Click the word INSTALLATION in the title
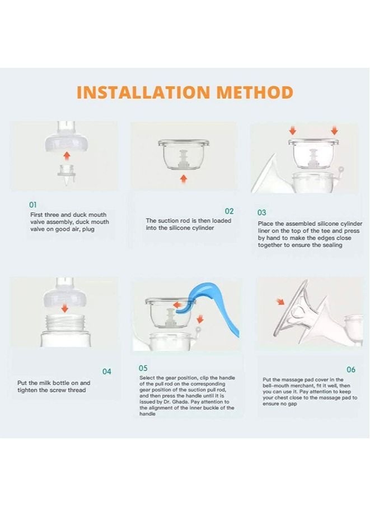(x=143, y=92)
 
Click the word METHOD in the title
(x=255, y=92)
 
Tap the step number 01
(x=33, y=205)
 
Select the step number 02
(x=229, y=211)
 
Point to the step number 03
(x=261, y=212)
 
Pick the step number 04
(x=107, y=372)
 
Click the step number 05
(x=143, y=368)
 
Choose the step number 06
(x=351, y=369)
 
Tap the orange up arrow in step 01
(x=67, y=156)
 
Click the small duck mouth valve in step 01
(x=67, y=175)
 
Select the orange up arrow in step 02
(x=184, y=178)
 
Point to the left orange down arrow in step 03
(x=292, y=131)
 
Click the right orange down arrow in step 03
(x=335, y=131)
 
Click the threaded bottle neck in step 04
(x=65, y=323)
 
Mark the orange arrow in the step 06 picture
(x=280, y=301)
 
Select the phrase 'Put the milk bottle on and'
(x=54, y=383)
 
